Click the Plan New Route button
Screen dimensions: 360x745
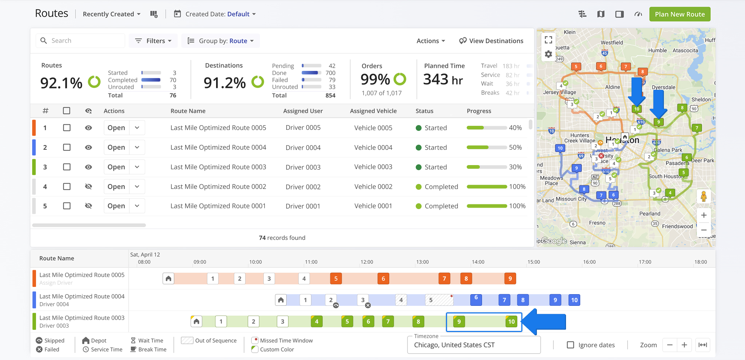coord(680,14)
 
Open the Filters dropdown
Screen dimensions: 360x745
coord(153,41)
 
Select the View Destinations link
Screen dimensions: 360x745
coord(491,41)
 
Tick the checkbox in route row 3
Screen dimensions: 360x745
coord(67,167)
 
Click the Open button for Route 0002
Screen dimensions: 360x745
coord(116,187)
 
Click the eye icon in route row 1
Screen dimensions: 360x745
coord(88,128)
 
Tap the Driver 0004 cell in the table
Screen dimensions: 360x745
coord(303,148)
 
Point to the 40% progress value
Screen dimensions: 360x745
coord(515,128)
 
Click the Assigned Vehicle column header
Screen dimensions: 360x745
coord(373,111)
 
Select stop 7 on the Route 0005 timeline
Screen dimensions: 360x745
coord(444,279)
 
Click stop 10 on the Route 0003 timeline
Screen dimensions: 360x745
coord(511,321)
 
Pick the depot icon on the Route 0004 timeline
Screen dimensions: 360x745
coord(280,300)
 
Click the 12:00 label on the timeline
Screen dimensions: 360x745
coord(367,262)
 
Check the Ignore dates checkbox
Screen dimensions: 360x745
coord(570,345)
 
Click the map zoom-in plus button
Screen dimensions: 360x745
coord(704,215)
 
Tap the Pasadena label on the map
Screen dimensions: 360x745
coord(677,163)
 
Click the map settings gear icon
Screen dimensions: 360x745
coord(548,55)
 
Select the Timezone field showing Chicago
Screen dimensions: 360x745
coord(473,345)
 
